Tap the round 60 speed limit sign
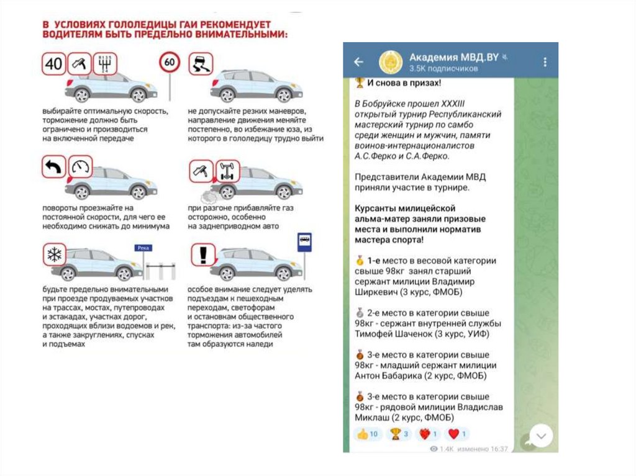pyautogui.click(x=169, y=63)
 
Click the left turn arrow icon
pyautogui.click(x=54, y=168)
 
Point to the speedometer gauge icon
pyautogui.click(x=80, y=167)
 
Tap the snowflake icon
pyautogui.click(x=54, y=255)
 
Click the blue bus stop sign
pyautogui.click(x=304, y=241)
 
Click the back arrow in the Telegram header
pyautogui.click(x=358, y=62)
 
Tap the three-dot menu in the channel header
pyautogui.click(x=545, y=62)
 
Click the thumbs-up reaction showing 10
pyautogui.click(x=368, y=434)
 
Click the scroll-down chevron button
pyautogui.click(x=540, y=436)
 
